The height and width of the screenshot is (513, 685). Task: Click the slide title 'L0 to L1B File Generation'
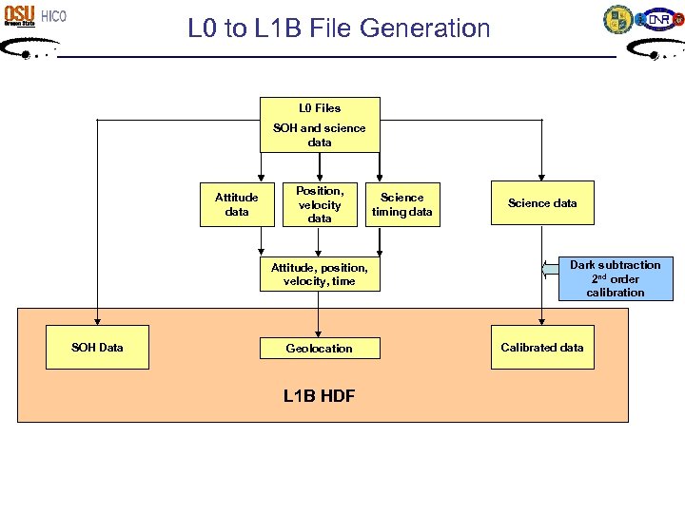pyautogui.click(x=339, y=28)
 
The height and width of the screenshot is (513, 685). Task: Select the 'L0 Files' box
pyautogui.click(x=320, y=108)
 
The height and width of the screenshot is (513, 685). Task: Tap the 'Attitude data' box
pyautogui.click(x=237, y=204)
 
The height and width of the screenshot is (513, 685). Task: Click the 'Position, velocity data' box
pyautogui.click(x=320, y=204)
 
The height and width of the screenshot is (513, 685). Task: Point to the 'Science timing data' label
pyautogui.click(x=402, y=204)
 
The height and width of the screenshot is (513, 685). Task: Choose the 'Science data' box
pyautogui.click(x=542, y=203)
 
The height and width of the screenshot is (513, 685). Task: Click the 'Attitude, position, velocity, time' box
pyautogui.click(x=320, y=275)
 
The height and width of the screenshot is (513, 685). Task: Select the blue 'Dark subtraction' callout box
pyautogui.click(x=615, y=278)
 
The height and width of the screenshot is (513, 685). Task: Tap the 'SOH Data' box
pyautogui.click(x=97, y=348)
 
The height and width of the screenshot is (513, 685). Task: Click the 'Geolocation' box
pyautogui.click(x=320, y=349)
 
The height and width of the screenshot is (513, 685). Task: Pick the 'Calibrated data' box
pyautogui.click(x=542, y=348)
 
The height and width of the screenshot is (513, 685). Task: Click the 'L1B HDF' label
pyautogui.click(x=320, y=396)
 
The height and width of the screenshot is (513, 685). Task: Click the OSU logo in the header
pyautogui.click(x=19, y=15)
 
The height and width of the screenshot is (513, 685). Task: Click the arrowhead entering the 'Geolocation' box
pyautogui.click(x=320, y=333)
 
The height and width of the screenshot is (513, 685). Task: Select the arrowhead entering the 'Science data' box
pyautogui.click(x=542, y=177)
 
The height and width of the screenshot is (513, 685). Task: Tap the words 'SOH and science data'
pyautogui.click(x=320, y=135)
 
